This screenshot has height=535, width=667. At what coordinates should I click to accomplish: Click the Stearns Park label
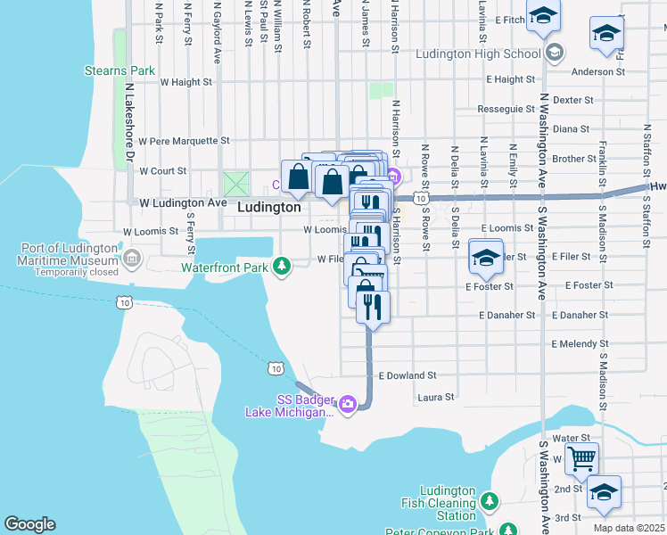pos(119,70)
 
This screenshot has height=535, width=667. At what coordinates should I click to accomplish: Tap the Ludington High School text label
pos(477,53)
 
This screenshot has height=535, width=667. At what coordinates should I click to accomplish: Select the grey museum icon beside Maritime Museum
pos(132,259)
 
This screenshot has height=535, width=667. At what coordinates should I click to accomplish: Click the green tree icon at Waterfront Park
pos(282,266)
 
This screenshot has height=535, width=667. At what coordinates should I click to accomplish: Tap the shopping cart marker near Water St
pos(581,460)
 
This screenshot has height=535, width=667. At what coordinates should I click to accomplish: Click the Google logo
pos(29,524)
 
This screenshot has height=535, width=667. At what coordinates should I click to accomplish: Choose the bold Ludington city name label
pos(269,207)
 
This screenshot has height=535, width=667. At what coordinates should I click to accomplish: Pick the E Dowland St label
pos(407,376)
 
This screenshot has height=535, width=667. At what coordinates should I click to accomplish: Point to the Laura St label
pos(436,397)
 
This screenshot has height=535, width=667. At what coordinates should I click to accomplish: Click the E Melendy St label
pos(580,343)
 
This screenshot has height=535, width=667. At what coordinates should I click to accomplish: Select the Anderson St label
pos(593,71)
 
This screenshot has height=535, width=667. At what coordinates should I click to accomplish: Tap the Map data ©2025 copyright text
pos(628,528)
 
